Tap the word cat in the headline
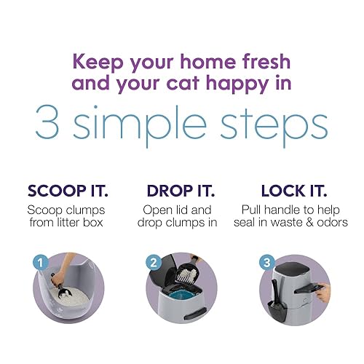[x=192, y=82]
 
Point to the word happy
[x=245, y=82]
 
